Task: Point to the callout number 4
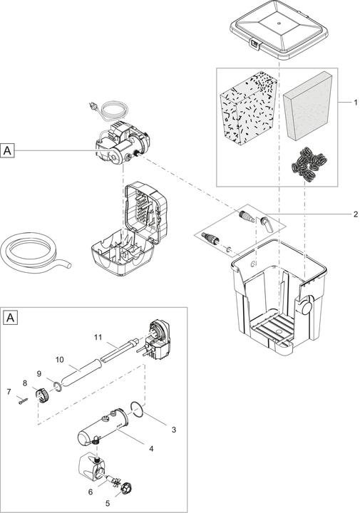pyautogui.click(x=152, y=448)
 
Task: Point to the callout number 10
pyautogui.click(x=61, y=360)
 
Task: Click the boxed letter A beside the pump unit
pyautogui.click(x=8, y=150)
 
